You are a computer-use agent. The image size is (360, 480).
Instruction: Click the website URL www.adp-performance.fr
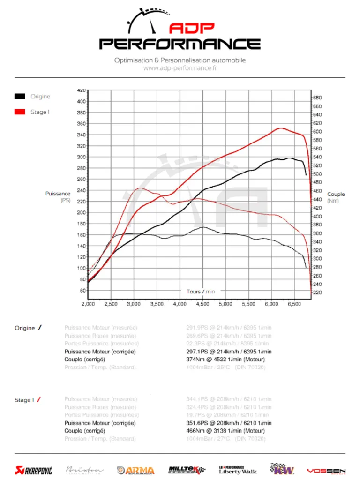(x=180, y=68)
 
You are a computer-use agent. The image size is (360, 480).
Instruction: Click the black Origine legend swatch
(x=20, y=97)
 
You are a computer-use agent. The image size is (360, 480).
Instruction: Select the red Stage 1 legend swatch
(x=20, y=112)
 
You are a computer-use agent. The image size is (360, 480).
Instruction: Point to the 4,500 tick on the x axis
(x=203, y=304)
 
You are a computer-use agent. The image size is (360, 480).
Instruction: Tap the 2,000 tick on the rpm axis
(x=88, y=304)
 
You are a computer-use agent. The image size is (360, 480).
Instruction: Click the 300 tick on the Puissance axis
(x=80, y=157)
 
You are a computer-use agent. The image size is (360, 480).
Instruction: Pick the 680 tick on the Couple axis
(x=317, y=97)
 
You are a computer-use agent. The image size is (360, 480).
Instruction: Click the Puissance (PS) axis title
(x=58, y=197)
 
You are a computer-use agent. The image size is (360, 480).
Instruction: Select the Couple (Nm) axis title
(x=336, y=197)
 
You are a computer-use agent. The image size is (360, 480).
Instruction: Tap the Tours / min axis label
(x=201, y=292)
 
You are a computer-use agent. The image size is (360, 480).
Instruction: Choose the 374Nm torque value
(x=195, y=360)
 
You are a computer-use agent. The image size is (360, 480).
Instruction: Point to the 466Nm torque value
(x=195, y=431)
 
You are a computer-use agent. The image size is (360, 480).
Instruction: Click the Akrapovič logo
(x=33, y=470)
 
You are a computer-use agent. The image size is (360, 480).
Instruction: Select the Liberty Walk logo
(x=238, y=469)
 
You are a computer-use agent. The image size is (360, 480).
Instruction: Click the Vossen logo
(x=326, y=470)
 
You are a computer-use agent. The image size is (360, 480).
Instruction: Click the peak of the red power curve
(x=280, y=128)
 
